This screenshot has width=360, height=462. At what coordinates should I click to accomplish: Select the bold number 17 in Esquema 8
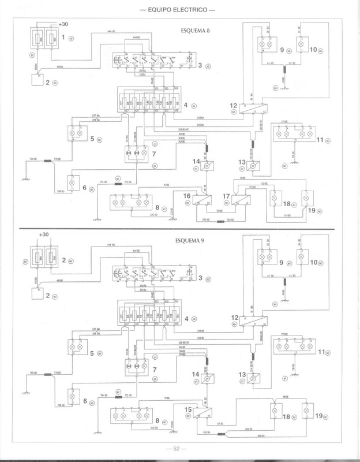click(226, 196)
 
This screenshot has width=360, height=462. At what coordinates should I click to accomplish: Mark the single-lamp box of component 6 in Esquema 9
click(73, 397)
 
